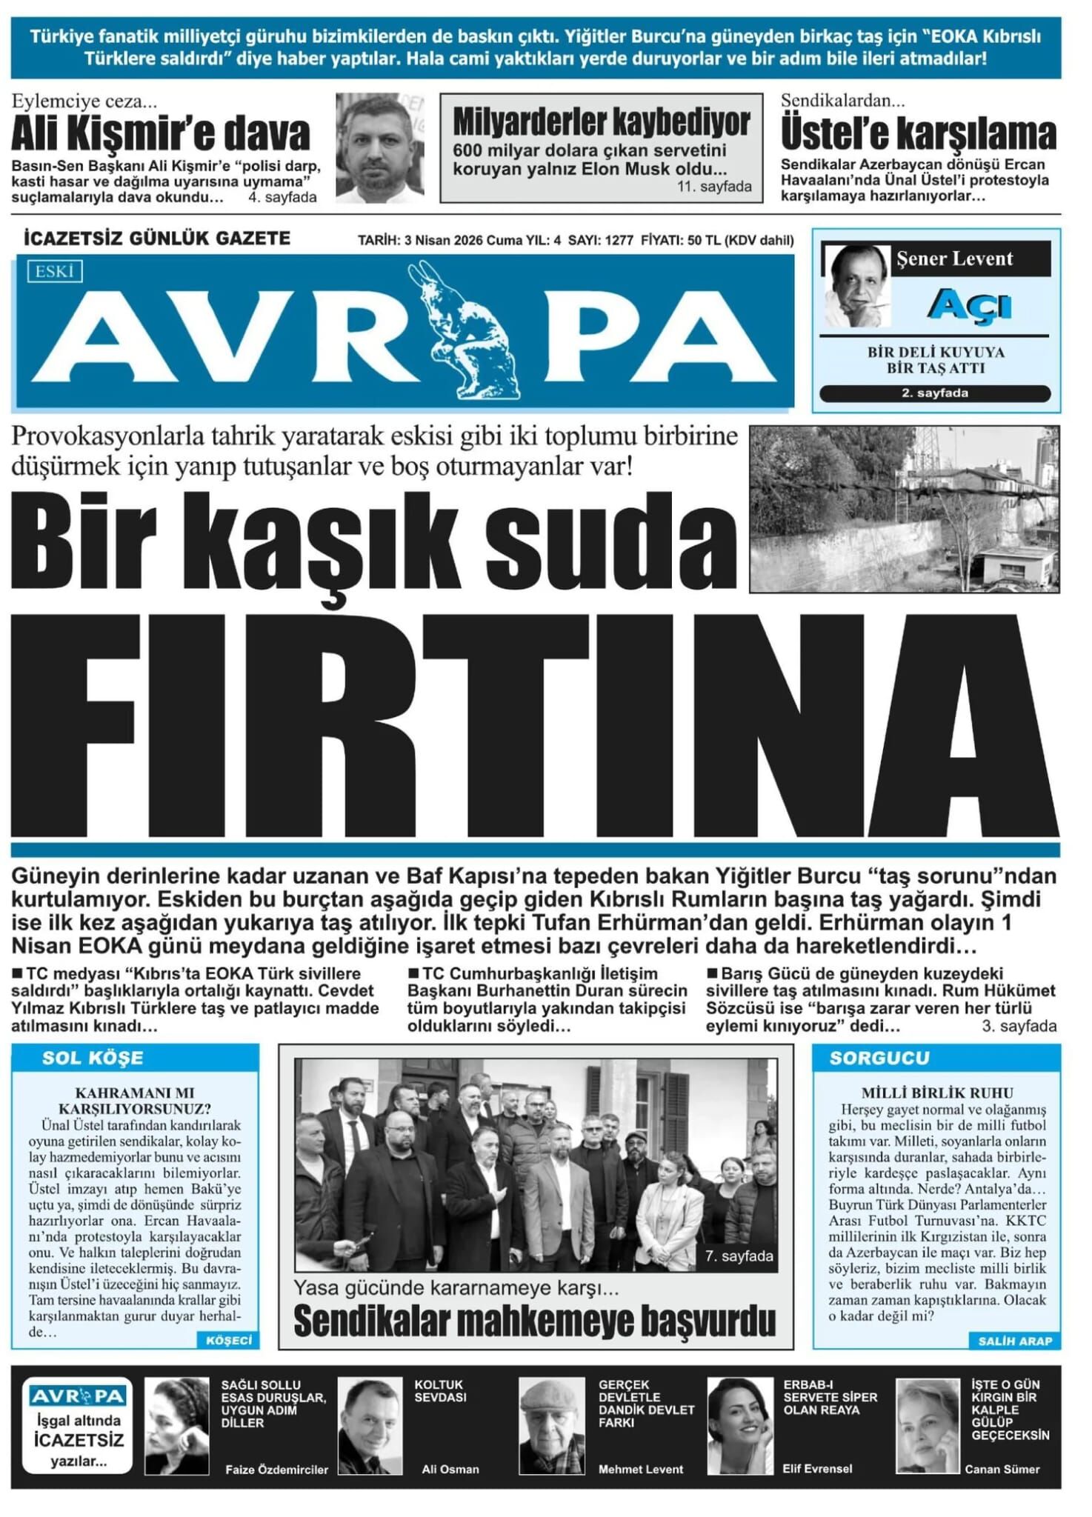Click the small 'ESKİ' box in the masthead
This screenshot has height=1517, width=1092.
(55, 272)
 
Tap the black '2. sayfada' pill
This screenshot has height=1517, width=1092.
(935, 393)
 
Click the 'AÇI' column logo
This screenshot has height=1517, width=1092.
(969, 304)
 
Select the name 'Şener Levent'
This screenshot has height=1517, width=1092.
(954, 259)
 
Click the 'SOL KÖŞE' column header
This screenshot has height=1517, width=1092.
(93, 1058)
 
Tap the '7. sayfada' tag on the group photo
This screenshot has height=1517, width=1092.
(739, 1256)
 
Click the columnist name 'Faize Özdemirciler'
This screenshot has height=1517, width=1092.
(276, 1470)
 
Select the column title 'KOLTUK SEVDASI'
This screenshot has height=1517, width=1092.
(440, 1391)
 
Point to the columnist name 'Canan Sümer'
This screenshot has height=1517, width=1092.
(1002, 1469)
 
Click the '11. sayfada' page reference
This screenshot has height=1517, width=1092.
(714, 187)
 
